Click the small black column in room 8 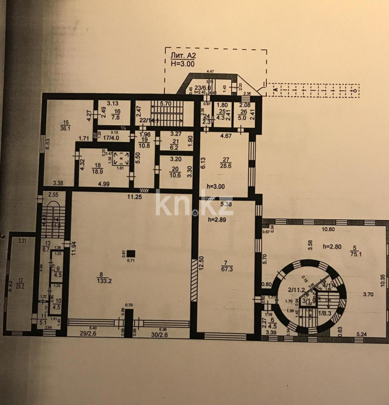point(131,253)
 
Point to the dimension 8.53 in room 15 point(48,143)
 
